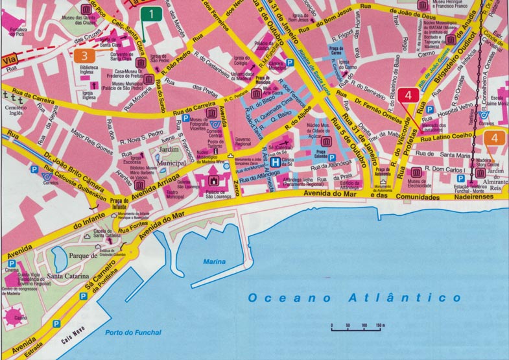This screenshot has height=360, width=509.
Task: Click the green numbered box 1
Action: click(x=150, y=13)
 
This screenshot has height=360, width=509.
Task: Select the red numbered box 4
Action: click(x=408, y=95)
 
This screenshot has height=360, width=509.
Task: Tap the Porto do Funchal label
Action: click(x=132, y=333)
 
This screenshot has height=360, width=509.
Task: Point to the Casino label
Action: click(x=21, y=318)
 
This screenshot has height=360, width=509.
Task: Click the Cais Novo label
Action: click(x=73, y=340)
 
